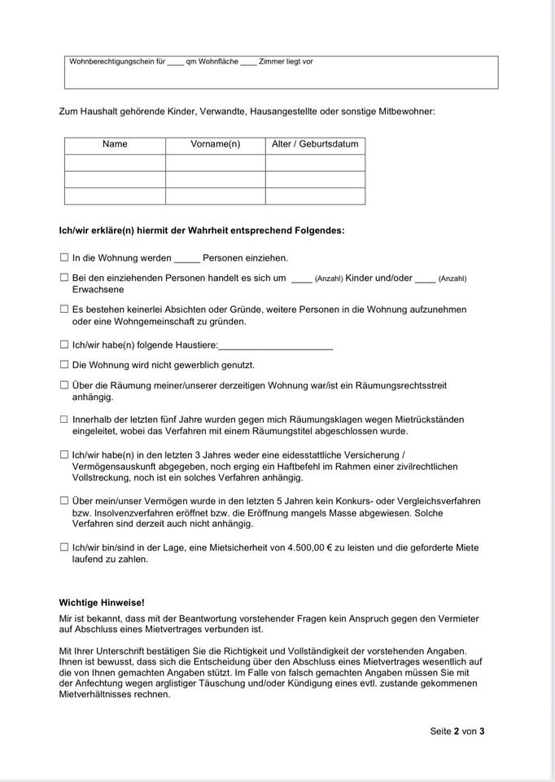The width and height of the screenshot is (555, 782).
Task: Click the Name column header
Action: tap(115, 144)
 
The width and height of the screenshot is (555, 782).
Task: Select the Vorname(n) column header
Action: tap(215, 144)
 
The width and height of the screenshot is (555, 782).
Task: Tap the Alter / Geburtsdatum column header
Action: tap(315, 144)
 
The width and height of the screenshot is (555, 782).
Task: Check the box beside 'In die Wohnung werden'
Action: tap(64, 257)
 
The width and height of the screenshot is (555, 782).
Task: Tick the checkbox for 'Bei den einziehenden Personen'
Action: tap(64, 278)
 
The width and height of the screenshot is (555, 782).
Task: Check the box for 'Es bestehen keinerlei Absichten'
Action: tap(64, 310)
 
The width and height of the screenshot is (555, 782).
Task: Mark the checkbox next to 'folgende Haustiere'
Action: tap(64, 345)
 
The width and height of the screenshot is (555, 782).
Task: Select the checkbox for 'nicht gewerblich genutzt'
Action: tap(64, 365)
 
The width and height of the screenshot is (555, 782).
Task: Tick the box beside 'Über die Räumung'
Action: tap(64, 385)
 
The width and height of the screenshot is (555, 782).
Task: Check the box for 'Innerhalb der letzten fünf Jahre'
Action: tap(64, 420)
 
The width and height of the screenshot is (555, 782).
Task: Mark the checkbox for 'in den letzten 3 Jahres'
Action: tap(64, 455)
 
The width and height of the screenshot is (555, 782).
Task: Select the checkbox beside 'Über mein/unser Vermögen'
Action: tap(64, 501)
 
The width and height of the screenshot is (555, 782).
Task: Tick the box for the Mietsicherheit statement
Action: tap(64, 547)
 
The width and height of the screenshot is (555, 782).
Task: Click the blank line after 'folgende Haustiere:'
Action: tap(276, 347)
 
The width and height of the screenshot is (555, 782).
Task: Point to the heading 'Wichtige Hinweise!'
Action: tap(102, 603)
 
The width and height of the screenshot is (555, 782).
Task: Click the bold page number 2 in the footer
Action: tap(457, 731)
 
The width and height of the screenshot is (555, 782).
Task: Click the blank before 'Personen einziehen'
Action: tap(186, 260)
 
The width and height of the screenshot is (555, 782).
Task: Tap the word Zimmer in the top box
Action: tap(271, 61)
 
